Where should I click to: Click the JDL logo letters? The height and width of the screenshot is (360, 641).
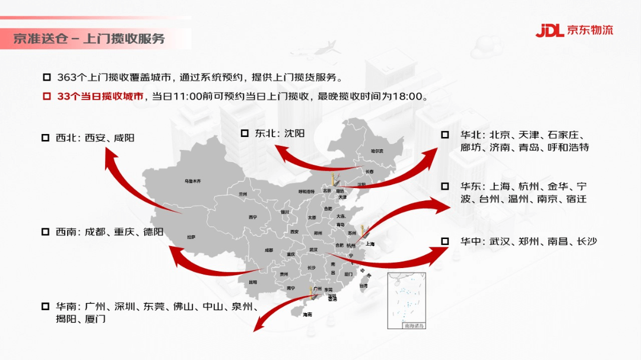[549, 30]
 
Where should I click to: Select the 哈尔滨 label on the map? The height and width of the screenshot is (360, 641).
[377, 151]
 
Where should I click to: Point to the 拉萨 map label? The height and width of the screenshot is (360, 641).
[191, 237]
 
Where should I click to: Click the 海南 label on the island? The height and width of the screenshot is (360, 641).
[307, 314]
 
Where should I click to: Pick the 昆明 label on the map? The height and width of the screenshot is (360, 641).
[253, 282]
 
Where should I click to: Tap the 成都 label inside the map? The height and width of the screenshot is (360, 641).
[269, 250]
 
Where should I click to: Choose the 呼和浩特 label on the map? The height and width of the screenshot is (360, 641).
[306, 191]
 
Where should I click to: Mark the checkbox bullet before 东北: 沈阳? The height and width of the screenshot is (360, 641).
[245, 133]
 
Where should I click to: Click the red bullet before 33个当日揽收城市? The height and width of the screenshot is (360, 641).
[47, 96]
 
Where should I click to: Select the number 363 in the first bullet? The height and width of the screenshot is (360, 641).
[67, 78]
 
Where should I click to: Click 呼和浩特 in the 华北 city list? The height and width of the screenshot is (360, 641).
[570, 147]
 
